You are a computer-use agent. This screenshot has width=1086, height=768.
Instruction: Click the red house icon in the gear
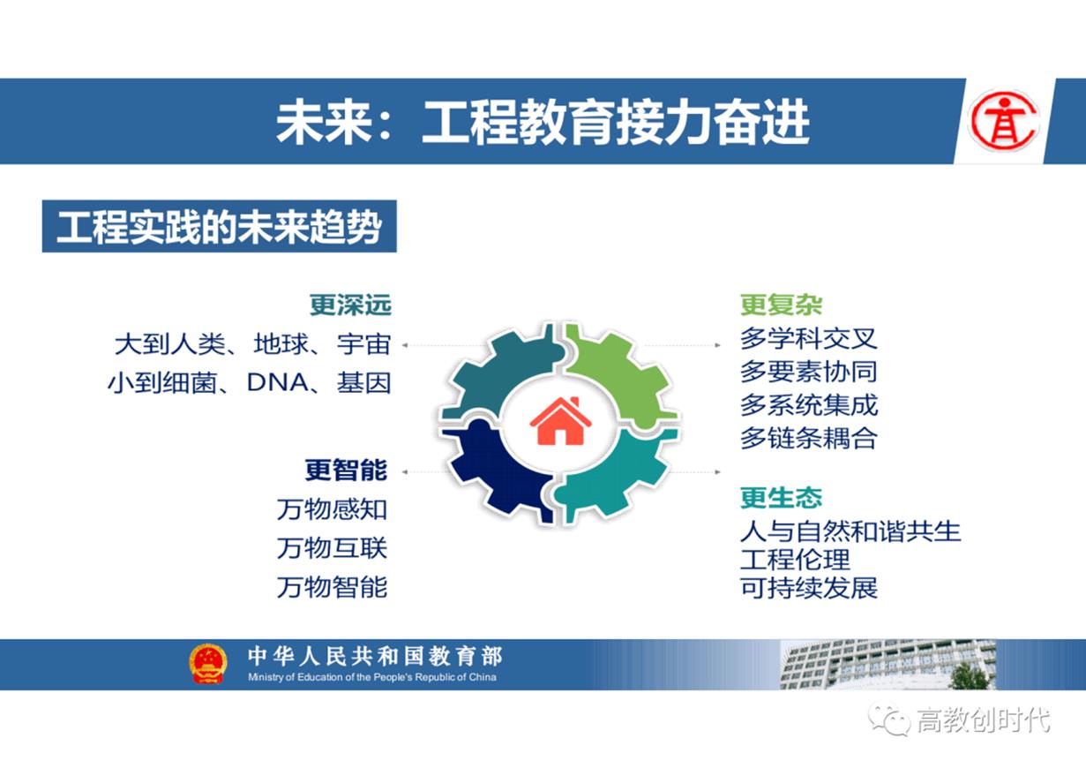point(560,421)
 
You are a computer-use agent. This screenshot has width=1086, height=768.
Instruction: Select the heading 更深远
point(350,305)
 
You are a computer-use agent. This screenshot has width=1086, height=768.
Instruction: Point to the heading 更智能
point(346,470)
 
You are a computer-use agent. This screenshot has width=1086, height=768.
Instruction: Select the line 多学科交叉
point(808,339)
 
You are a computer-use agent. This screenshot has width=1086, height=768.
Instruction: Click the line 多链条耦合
point(808,438)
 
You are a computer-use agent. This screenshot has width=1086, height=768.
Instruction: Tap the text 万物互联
point(332,548)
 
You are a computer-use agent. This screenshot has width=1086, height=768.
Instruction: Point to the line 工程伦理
point(795,560)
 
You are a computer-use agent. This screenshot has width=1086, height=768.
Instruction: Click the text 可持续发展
point(808,588)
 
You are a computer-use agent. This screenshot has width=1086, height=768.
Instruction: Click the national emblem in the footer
point(207,664)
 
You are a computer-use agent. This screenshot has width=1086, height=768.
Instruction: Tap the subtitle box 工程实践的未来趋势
point(219,228)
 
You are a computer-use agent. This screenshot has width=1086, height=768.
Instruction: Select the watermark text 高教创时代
point(983,719)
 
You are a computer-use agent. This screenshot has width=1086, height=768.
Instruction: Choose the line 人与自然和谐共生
point(850,531)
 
